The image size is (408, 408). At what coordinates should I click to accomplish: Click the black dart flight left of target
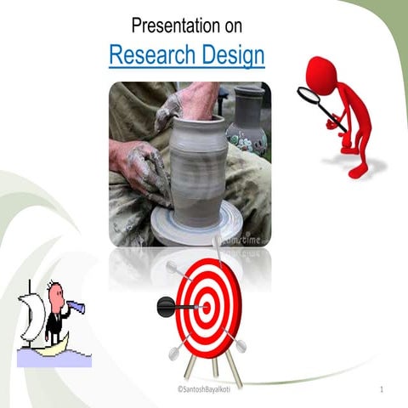point(164,303)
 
